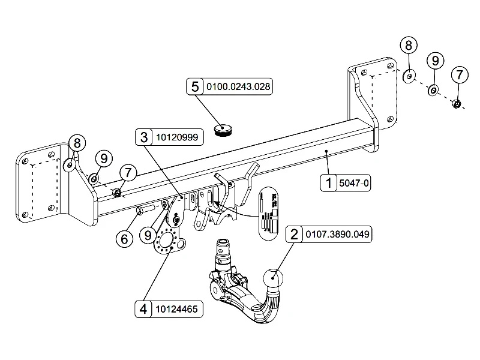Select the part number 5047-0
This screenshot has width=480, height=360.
click(x=354, y=182)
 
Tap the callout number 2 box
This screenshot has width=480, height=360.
click(x=294, y=234)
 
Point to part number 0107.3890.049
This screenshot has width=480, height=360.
click(x=338, y=234)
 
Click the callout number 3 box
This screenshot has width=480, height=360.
click(x=143, y=137)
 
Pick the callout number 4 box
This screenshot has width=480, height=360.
click(x=143, y=309)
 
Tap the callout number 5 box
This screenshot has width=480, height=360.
click(x=195, y=86)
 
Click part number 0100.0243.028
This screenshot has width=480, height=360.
click(x=239, y=86)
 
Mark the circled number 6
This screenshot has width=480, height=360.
click(x=124, y=239)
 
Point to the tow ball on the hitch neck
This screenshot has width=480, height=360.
click(x=274, y=280)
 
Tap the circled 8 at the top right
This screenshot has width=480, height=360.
click(x=409, y=45)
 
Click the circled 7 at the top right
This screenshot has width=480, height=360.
click(x=459, y=75)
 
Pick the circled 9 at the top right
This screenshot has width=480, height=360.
click(x=434, y=60)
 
